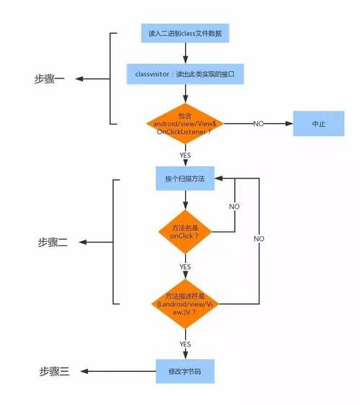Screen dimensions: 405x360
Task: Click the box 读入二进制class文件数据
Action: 185,33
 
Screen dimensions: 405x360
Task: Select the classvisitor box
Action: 185,73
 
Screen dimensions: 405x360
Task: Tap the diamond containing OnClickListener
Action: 185,124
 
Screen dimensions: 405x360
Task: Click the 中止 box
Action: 318,124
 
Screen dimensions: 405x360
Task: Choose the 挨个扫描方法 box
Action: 185,178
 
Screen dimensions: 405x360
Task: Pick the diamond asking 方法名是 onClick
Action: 185,232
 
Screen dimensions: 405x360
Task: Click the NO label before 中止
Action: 258,124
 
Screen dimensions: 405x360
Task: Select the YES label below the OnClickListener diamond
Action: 185,155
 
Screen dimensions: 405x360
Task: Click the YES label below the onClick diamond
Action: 185,266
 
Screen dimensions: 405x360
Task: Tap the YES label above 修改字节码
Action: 185,344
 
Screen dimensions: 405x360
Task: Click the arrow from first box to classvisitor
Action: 185,53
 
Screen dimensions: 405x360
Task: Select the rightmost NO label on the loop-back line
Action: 258,238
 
